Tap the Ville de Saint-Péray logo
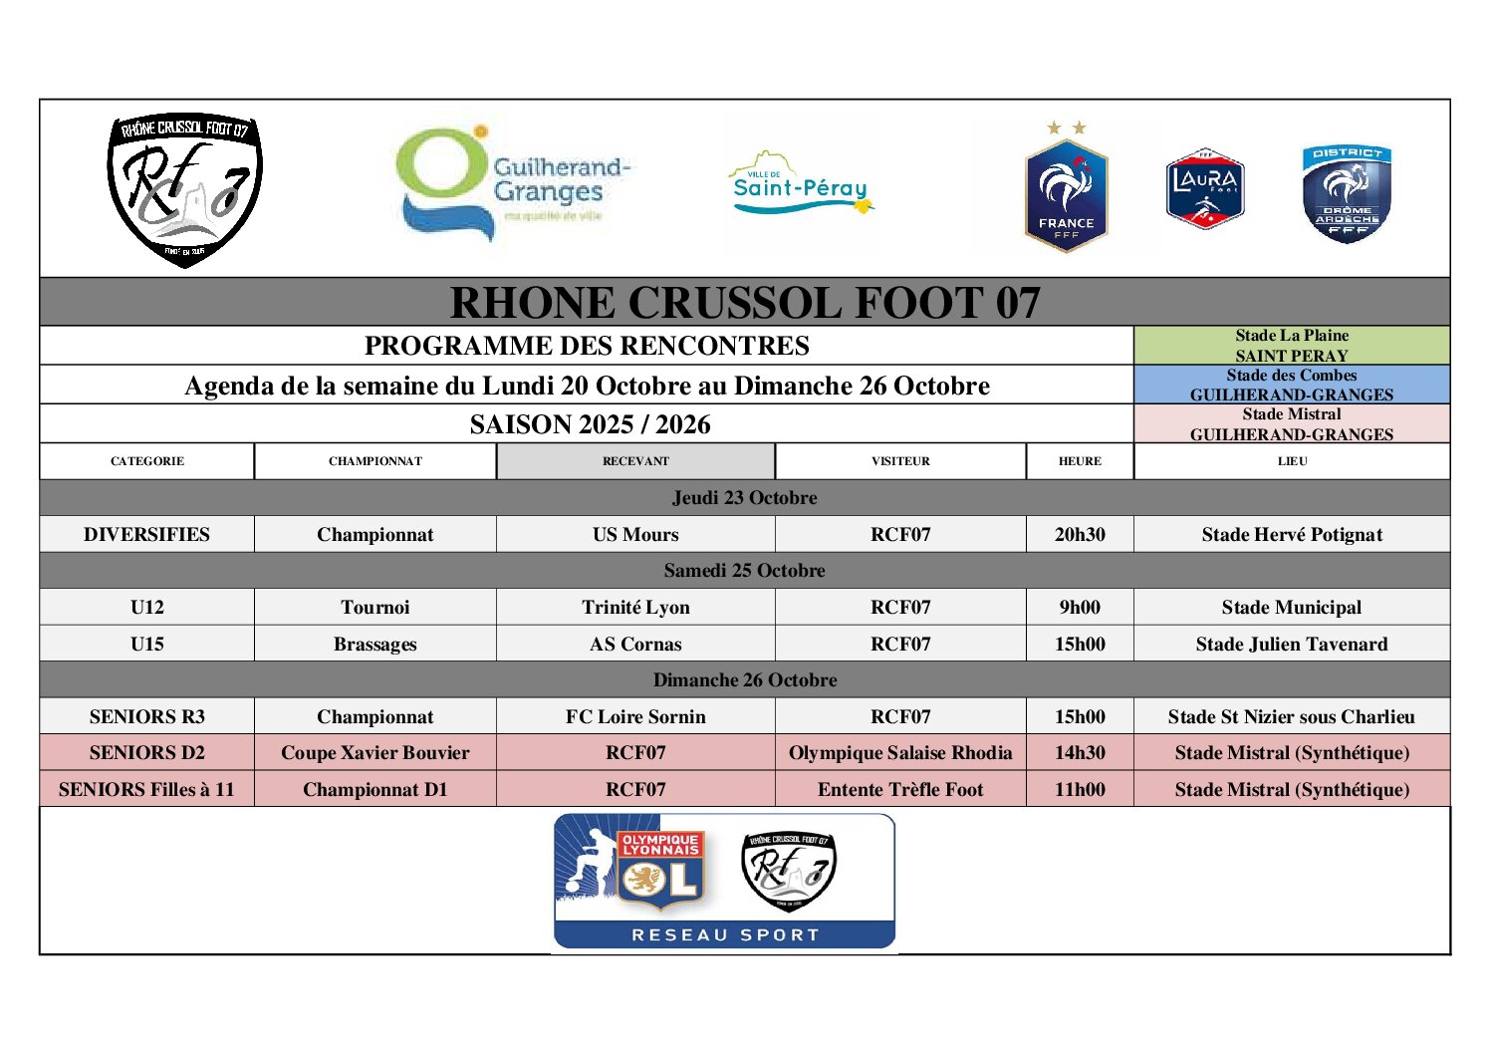click(x=802, y=186)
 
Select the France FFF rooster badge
click(x=1066, y=194)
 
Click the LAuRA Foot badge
click(x=1205, y=188)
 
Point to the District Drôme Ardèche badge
click(x=1346, y=193)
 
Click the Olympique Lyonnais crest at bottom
click(x=661, y=871)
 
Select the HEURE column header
click(x=1080, y=461)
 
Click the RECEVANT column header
click(x=635, y=461)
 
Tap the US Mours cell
click(x=635, y=534)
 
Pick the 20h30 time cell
click(x=1080, y=534)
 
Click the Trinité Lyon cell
click(x=635, y=607)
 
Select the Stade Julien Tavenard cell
click(x=1291, y=644)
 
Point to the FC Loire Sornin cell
click(x=635, y=716)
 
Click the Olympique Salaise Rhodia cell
click(x=900, y=752)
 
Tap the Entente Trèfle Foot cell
click(x=900, y=789)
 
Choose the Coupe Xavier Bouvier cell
click(x=374, y=752)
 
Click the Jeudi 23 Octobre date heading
click(x=744, y=497)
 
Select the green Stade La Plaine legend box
click(x=1291, y=346)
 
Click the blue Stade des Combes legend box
click(x=1291, y=385)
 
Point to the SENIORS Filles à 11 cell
click(x=146, y=789)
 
